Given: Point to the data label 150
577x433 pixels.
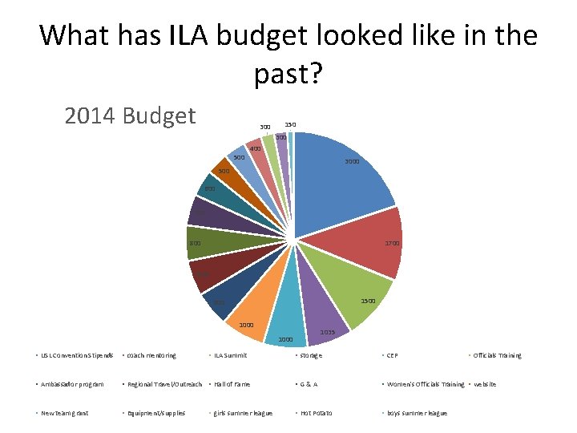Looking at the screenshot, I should [x=290, y=125].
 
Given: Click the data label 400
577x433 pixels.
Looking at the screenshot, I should [x=255, y=149].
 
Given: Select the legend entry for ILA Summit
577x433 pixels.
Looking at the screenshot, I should [x=231, y=355].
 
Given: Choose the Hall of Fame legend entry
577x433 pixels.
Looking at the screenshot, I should [x=232, y=384].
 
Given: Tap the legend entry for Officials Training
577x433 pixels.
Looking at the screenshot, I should [x=497, y=355].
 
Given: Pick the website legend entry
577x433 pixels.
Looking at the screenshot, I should [x=485, y=384].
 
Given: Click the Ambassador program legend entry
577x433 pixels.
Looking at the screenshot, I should [x=72, y=384].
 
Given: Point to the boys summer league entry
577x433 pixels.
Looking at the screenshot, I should [x=416, y=413].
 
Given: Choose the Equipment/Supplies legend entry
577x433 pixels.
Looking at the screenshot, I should [x=156, y=413].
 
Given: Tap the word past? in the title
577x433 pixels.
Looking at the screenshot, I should [x=288, y=75].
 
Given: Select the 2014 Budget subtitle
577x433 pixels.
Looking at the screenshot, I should [x=130, y=115].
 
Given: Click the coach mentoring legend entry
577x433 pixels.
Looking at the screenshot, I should [x=151, y=355].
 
